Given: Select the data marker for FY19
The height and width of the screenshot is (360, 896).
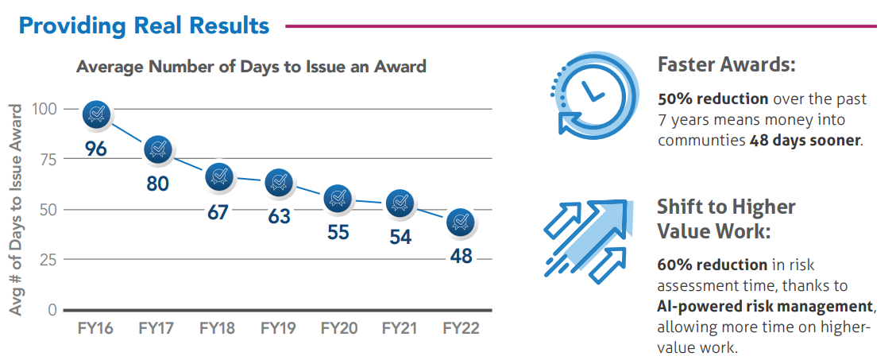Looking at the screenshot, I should click(x=279, y=184).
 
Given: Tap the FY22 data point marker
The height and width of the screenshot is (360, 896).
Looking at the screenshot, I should click(x=460, y=223).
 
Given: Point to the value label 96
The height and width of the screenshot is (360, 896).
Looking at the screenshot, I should click(x=96, y=149).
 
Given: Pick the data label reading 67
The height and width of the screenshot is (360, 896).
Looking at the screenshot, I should click(x=218, y=214).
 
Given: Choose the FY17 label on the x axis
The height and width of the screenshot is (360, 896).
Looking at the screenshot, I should click(x=156, y=328).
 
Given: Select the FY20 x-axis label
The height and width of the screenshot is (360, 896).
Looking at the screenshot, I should click(x=339, y=328).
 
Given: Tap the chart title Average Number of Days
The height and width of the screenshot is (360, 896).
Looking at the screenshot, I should click(x=251, y=67).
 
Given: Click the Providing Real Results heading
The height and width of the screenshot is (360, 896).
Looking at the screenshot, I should click(x=144, y=25).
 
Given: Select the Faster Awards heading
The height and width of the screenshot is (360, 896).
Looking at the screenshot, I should click(x=726, y=65).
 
